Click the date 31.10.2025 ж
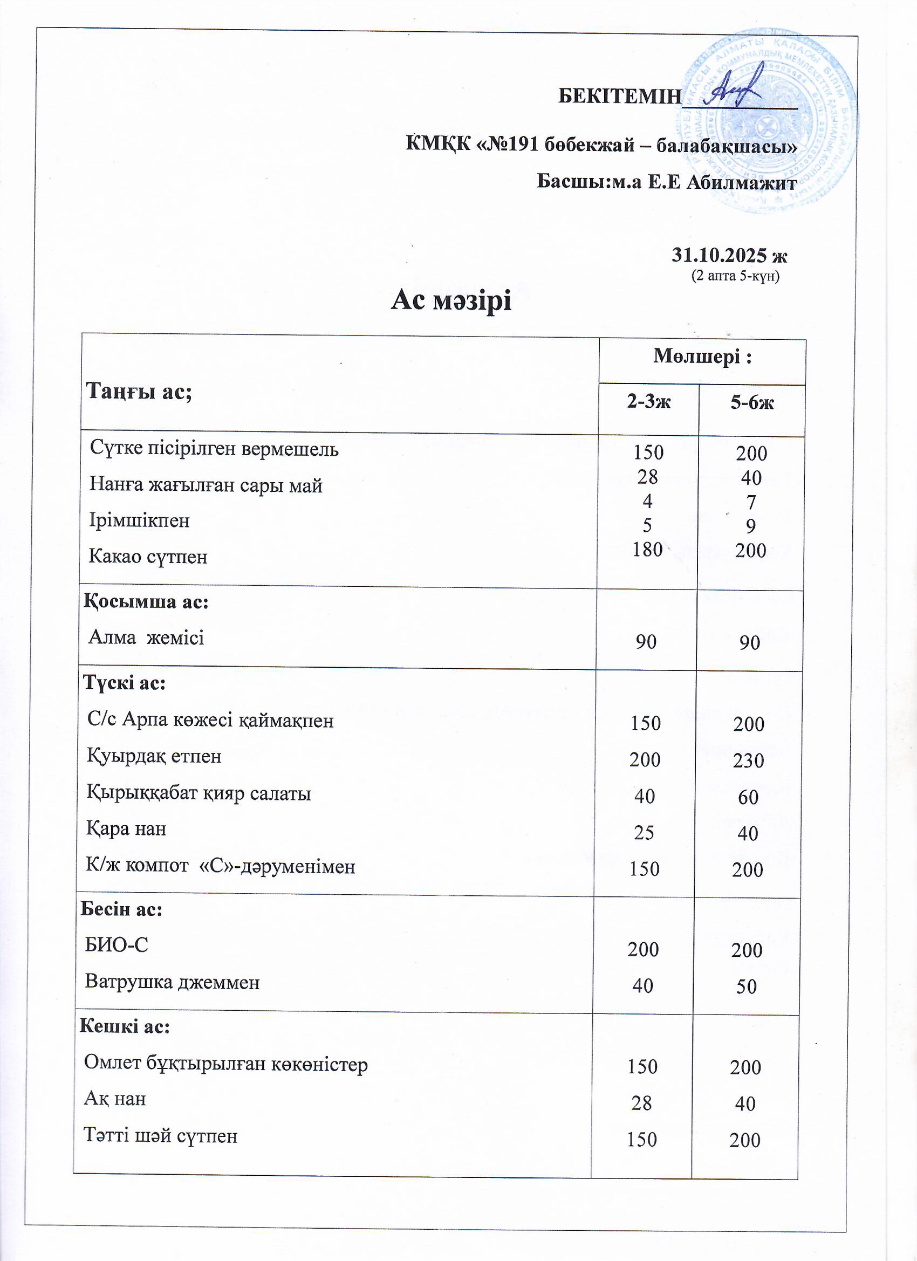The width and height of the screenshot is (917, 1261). click(x=729, y=255)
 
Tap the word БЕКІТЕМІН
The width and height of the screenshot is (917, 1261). click(x=619, y=96)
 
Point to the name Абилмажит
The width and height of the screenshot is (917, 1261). click(x=742, y=182)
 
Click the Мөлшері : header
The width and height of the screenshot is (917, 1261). click(x=702, y=357)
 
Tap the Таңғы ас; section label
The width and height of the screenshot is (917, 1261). click(x=139, y=392)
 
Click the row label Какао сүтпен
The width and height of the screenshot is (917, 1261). click(x=148, y=557)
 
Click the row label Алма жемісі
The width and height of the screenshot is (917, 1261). click(x=146, y=637)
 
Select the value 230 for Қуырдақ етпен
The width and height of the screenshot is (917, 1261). click(x=748, y=760)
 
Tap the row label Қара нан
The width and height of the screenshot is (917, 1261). click(x=126, y=829)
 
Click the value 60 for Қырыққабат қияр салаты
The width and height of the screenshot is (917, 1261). click(x=748, y=797)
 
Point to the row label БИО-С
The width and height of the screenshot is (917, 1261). click(x=116, y=944)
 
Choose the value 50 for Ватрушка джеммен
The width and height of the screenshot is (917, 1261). click(x=747, y=986)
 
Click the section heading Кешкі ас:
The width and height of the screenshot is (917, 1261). click(x=125, y=1026)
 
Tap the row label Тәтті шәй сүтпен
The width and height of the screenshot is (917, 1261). click(x=160, y=1135)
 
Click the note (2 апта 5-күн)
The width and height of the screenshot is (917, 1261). click(x=735, y=276)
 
